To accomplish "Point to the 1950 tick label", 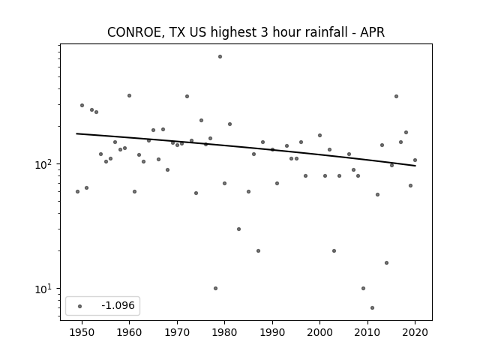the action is pyautogui.click(x=82, y=332).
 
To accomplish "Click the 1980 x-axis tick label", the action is pyautogui.click(x=224, y=332).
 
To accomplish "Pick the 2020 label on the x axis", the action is pyautogui.click(x=415, y=332).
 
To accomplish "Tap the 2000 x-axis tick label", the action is pyautogui.click(x=319, y=332).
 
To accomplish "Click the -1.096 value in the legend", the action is pyautogui.click(x=118, y=305).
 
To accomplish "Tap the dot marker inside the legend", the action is pyautogui.click(x=80, y=306).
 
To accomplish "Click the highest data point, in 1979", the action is pyautogui.click(x=220, y=57).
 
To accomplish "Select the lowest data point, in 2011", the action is pyautogui.click(x=372, y=308).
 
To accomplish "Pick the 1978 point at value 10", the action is pyautogui.click(x=215, y=288).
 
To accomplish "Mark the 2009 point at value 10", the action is pyautogui.click(x=363, y=288).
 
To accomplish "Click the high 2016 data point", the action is pyautogui.click(x=397, y=97).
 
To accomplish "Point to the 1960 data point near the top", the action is pyautogui.click(x=129, y=96).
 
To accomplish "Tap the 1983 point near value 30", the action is pyautogui.click(x=238, y=229).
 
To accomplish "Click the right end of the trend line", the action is pyautogui.click(x=415, y=166).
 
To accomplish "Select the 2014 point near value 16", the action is pyautogui.click(x=387, y=263).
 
